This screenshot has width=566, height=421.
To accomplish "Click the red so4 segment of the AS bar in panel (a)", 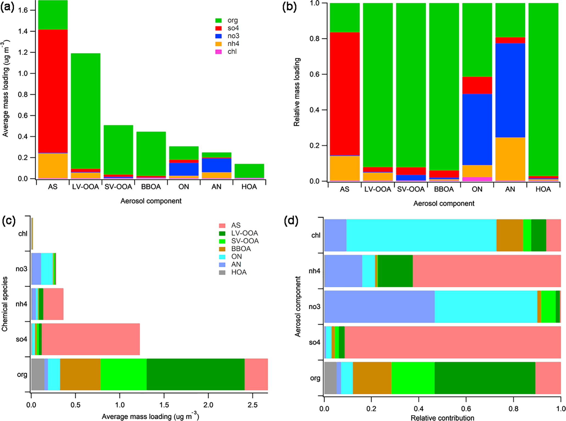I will pyautogui.click(x=53, y=91).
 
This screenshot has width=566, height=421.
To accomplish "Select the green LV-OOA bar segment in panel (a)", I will pyautogui.click(x=85, y=110).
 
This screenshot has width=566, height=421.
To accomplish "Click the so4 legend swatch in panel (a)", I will pyautogui.click(x=218, y=28).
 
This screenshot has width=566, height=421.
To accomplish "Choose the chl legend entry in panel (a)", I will pyautogui.click(x=232, y=52).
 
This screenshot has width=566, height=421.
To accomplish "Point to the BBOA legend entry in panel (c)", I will pyautogui.click(x=241, y=249).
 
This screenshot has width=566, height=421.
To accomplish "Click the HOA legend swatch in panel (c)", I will pyautogui.click(x=222, y=272).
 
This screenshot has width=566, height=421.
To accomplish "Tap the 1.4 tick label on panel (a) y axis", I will pyautogui.click(x=23, y=31).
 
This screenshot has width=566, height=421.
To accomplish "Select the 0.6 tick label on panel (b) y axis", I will pyautogui.click(x=315, y=74).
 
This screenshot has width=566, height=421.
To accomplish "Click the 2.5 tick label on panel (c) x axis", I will pyautogui.click(x=253, y=405).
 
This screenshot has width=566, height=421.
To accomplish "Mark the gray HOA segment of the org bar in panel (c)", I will pyautogui.click(x=38, y=374).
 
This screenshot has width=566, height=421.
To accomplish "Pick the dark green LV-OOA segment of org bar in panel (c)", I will pyautogui.click(x=195, y=374).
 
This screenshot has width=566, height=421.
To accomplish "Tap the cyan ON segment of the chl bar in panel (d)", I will pyautogui.click(x=421, y=235).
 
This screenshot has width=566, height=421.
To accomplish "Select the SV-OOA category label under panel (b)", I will pyautogui.click(x=411, y=189).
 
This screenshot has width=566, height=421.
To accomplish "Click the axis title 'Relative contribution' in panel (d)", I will pyautogui.click(x=442, y=418).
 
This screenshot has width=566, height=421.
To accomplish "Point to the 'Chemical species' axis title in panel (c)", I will pyautogui.click(x=5, y=304).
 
